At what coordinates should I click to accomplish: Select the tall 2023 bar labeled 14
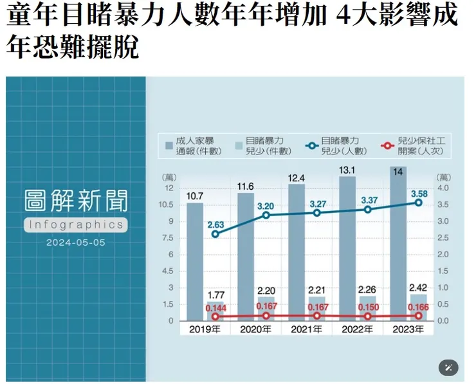pyautogui.click(x=398, y=244)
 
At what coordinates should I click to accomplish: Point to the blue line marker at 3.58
pyautogui.click(x=418, y=202)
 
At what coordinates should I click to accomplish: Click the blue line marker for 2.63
pyautogui.click(x=215, y=234)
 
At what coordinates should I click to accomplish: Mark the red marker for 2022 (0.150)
pyautogui.click(x=367, y=316)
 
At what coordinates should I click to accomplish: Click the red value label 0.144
pyautogui.click(x=215, y=307)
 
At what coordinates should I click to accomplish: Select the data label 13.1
pyautogui.click(x=347, y=170)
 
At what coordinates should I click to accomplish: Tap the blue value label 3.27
pyautogui.click(x=316, y=203)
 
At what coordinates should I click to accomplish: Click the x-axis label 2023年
pyautogui.click(x=408, y=329)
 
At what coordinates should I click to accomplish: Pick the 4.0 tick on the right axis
pyautogui.click(x=443, y=188)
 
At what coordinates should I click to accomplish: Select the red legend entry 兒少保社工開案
pyautogui.click(x=413, y=146)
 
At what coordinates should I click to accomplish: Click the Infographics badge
pyautogui.click(x=75, y=224)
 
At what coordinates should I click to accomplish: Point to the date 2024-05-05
pyautogui.click(x=75, y=243)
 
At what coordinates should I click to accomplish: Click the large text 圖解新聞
pyautogui.click(x=75, y=200)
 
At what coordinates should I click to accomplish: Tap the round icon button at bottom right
pyautogui.click(x=448, y=368)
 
